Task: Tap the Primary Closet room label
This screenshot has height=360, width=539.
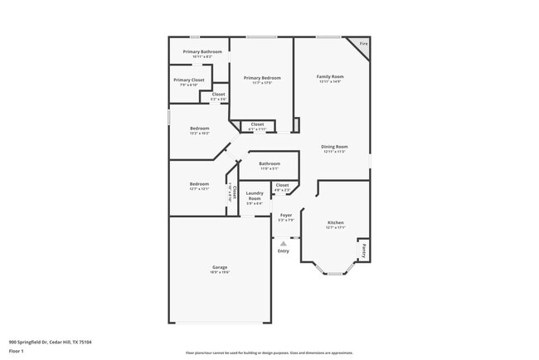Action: tap(188, 81)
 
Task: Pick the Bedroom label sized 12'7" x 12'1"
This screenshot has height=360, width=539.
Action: tap(199, 185)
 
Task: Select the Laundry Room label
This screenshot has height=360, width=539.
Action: tap(255, 198)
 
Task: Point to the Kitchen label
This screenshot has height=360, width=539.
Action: tap(335, 224)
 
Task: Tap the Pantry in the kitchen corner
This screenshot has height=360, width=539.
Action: tap(363, 248)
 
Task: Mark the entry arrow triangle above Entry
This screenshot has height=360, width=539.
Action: tap(284, 243)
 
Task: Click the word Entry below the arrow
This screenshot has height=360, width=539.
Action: tap(284, 251)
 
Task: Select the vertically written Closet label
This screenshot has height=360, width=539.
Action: tap(232, 194)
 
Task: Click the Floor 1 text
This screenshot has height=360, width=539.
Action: tap(17, 352)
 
